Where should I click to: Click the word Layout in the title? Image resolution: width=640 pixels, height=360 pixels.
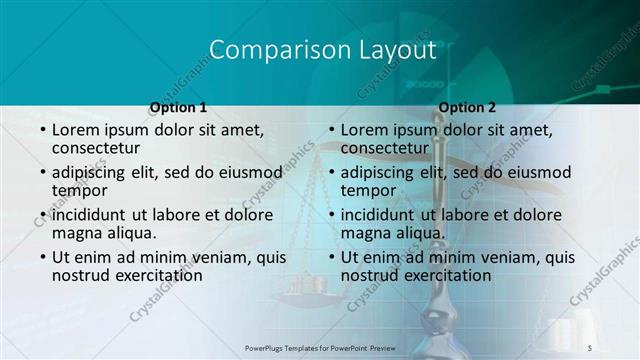(x=388, y=51)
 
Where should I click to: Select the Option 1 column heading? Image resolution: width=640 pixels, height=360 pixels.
(x=178, y=107)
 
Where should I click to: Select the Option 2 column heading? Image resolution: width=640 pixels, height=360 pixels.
(x=467, y=107)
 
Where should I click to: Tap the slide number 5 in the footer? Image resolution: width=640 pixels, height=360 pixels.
(x=590, y=346)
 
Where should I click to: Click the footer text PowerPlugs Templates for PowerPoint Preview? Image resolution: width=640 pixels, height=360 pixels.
(x=319, y=346)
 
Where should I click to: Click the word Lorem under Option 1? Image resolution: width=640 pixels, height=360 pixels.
(x=77, y=130)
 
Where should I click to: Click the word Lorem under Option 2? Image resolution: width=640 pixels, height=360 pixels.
(x=366, y=130)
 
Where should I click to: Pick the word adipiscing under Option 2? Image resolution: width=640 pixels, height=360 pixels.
(x=378, y=172)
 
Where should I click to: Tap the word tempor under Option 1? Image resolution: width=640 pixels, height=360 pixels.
(x=79, y=190)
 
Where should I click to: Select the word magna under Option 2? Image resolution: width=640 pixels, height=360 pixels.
(x=367, y=233)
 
